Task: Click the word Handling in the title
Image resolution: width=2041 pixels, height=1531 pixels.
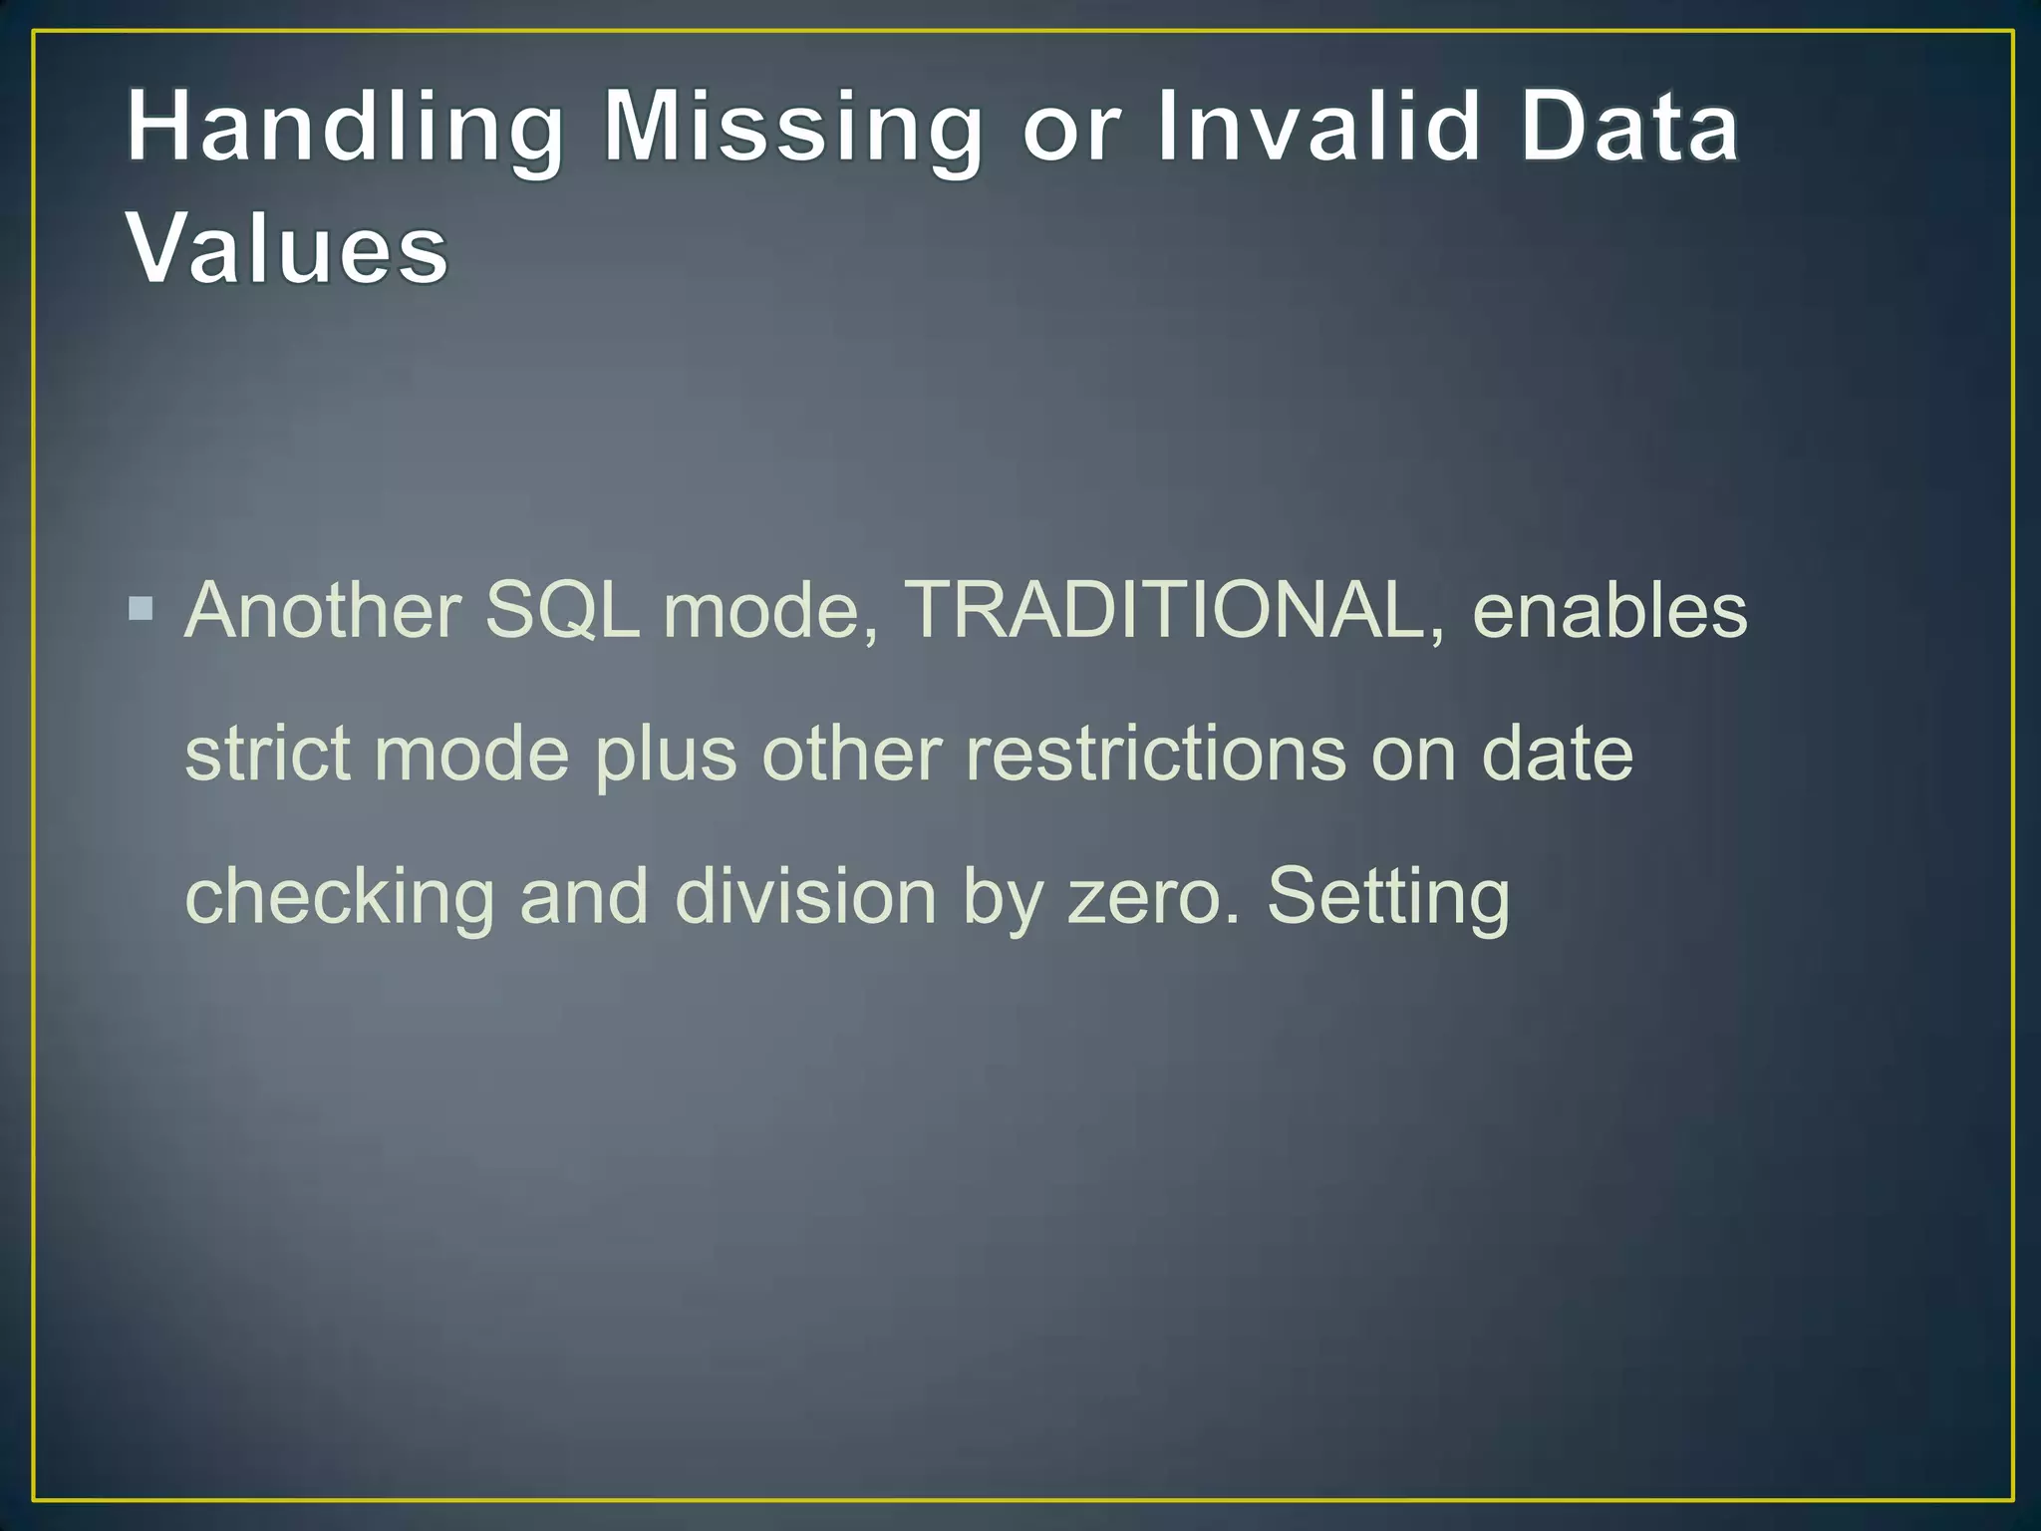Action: click(x=345, y=128)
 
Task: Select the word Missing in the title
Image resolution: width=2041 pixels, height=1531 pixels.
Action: click(x=793, y=128)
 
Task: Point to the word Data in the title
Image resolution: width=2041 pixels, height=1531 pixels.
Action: click(x=1628, y=128)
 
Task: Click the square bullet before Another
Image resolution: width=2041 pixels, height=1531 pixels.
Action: click(x=142, y=608)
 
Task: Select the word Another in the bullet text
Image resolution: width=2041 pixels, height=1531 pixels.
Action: click(x=323, y=610)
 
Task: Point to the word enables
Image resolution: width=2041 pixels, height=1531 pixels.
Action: click(x=1609, y=610)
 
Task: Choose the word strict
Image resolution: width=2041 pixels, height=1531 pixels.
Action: click(x=267, y=754)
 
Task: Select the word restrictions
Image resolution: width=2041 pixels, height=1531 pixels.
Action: click(x=1155, y=754)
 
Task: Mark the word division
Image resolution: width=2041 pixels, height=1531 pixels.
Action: click(x=805, y=897)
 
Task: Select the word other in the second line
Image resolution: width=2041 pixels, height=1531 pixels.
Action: click(x=851, y=754)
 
